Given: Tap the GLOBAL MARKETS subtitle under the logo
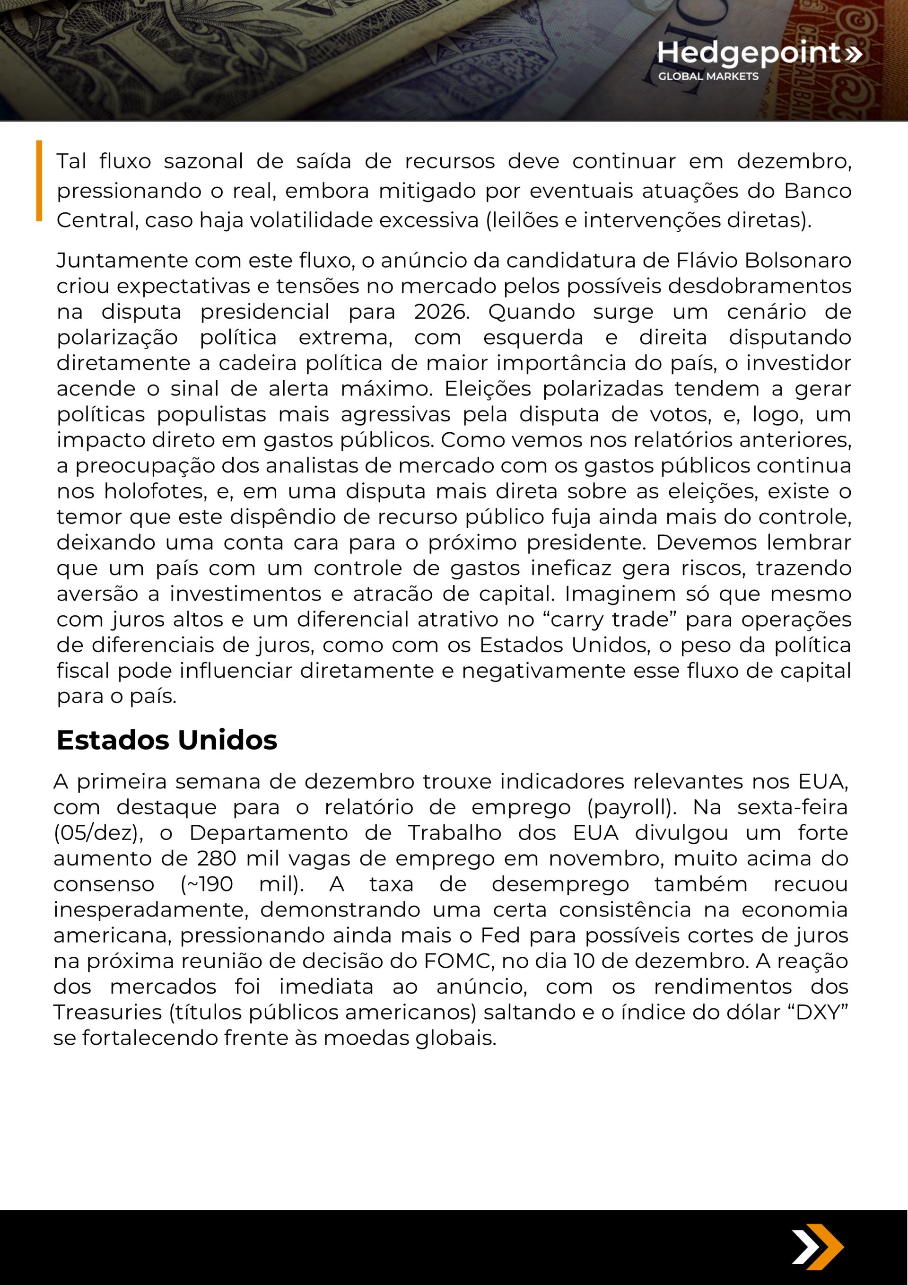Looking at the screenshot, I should pos(708,76).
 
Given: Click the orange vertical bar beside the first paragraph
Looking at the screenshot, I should pos(39,180).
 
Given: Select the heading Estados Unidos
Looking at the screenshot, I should pos(167,740).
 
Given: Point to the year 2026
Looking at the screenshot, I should pos(442,312).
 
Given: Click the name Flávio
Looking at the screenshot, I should pos(709,260).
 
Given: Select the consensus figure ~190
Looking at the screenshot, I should pos(207,884).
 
